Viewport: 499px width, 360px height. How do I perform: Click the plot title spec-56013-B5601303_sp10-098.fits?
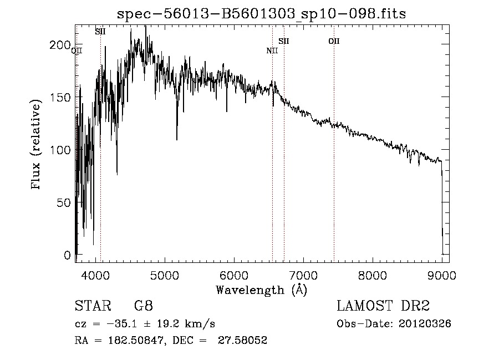pos(262,14)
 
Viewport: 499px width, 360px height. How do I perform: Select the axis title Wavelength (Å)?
pos(261,290)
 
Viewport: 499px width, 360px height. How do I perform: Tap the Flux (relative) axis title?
pos(37,145)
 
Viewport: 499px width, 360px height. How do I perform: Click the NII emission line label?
pos(272,51)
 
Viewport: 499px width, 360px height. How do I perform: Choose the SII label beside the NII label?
pos(284,41)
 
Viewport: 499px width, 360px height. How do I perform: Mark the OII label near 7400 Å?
pos(334,41)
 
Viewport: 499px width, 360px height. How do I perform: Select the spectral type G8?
pos(144,307)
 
